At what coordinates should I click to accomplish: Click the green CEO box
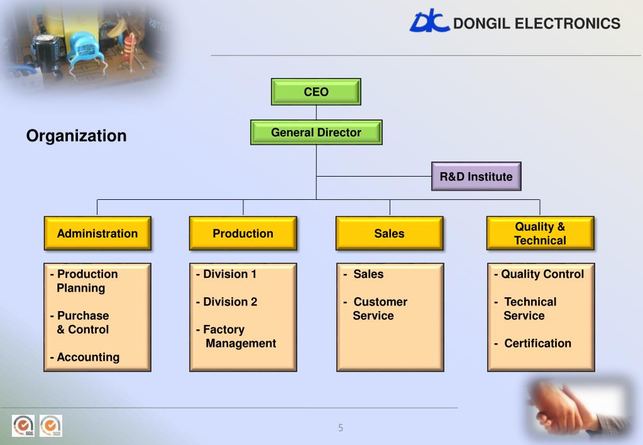[316, 92]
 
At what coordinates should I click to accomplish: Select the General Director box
[316, 133]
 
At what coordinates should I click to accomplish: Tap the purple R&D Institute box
[476, 177]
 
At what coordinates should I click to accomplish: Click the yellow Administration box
[97, 233]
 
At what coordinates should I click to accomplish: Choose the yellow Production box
[243, 233]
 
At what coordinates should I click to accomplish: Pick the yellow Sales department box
[389, 233]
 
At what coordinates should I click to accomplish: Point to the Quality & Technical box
[540, 233]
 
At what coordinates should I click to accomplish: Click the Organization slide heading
[76, 136]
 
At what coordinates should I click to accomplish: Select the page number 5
[341, 428]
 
